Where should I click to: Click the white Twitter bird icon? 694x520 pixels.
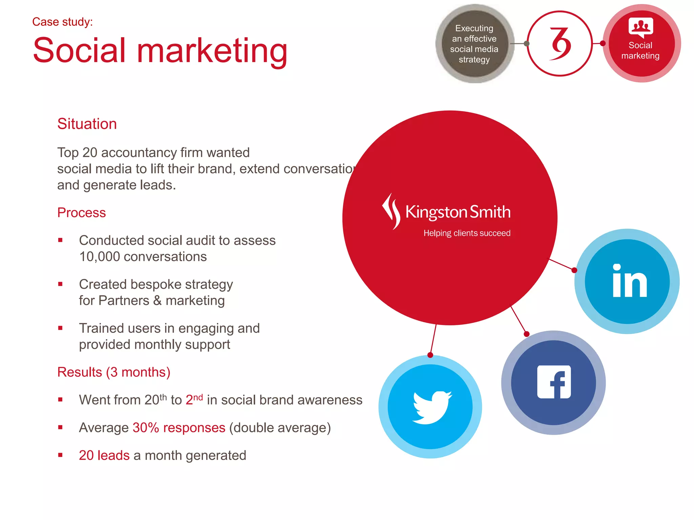point(431,407)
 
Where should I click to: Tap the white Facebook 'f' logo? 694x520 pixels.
point(554,382)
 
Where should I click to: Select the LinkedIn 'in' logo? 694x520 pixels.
point(630,281)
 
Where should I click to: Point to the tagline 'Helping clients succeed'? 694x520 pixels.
point(467,233)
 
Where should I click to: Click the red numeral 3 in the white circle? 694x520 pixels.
point(560,44)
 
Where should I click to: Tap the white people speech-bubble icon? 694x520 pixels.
point(640,27)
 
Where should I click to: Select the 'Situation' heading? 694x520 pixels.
point(87,124)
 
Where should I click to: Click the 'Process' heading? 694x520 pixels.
point(82,213)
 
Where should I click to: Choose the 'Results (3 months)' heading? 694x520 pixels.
point(114,372)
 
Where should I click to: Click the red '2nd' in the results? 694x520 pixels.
point(194,399)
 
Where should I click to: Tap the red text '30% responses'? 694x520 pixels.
point(179,428)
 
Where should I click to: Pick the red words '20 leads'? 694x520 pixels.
point(104,455)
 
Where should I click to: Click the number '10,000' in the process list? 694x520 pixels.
point(100,257)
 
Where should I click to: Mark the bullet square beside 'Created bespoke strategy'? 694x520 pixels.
point(60,284)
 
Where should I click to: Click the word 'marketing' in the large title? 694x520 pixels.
point(212,51)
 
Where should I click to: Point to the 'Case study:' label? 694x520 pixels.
point(62,22)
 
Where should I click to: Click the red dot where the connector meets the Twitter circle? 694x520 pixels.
point(430,355)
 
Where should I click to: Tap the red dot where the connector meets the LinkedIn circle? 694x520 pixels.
point(574,270)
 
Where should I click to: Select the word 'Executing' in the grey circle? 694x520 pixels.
point(474,28)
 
